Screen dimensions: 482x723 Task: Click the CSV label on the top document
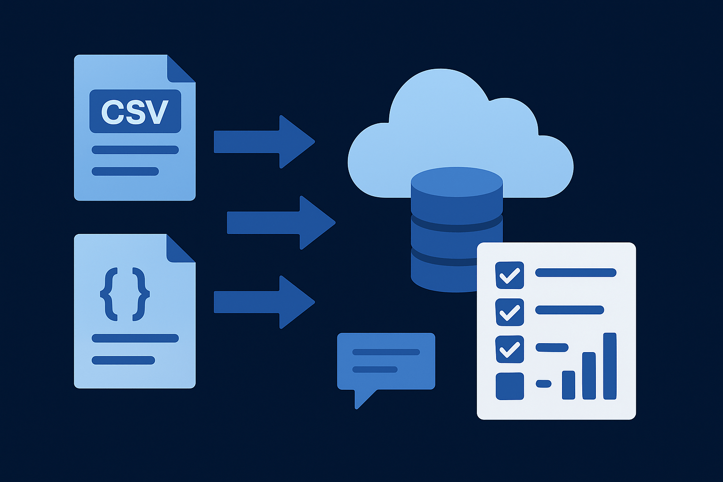[x=135, y=112]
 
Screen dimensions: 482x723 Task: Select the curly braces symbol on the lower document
[x=125, y=294]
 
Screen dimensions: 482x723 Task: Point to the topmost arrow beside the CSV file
[x=264, y=142]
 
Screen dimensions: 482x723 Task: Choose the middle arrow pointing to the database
[x=281, y=223]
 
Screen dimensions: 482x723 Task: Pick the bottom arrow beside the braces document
[x=264, y=302]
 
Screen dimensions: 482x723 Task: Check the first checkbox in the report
[x=509, y=275]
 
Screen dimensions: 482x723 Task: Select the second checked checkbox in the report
[x=509, y=312]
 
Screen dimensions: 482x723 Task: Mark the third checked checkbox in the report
[x=509, y=349]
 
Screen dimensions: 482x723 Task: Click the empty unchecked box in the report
[x=509, y=386]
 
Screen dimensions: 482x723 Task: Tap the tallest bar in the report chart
[x=610, y=366]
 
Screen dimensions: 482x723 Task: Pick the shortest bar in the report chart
[x=568, y=385]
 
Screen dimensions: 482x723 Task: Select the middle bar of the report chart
[x=589, y=376]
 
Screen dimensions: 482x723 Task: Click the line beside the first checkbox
[x=576, y=273]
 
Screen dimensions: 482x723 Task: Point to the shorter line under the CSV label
[x=125, y=171]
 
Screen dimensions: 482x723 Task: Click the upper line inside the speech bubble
[x=386, y=352]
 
